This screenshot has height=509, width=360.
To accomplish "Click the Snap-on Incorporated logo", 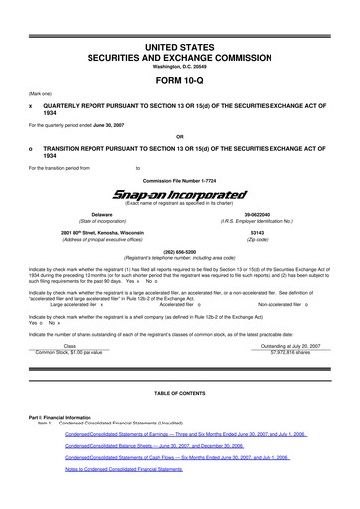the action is pos(179,196).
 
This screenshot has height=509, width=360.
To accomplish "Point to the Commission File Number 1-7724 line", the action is pos(179,180).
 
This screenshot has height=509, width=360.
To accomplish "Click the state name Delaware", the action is pos(102,214).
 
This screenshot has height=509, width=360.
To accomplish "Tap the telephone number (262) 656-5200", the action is pos(179,252).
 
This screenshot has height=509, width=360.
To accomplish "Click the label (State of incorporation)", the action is pos(102,222).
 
